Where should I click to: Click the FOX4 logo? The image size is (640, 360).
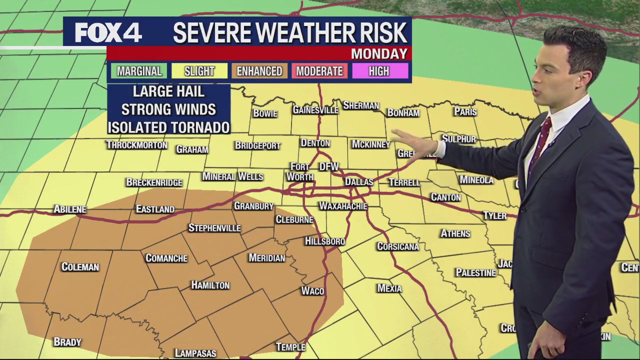coord(108,33)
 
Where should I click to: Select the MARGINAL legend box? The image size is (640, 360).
coord(139,71)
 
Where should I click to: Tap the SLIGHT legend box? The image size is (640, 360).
coord(199,71)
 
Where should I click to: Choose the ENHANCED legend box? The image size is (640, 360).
coord(259,71)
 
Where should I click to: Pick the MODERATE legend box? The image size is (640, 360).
coord(319,71)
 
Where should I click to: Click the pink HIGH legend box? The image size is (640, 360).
coord(379,71)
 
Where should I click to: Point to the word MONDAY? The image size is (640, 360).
coord(379,53)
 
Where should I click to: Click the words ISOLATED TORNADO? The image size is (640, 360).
coord(168,127)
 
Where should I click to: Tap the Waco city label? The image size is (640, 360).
coord(312,291)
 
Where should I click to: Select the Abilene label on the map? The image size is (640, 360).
coord(70,209)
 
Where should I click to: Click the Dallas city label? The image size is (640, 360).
coord(359,182)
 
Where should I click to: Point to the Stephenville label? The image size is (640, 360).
coord(214,228)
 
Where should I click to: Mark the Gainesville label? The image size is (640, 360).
coord(315,110)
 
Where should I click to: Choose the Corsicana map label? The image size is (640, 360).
coord(398,246)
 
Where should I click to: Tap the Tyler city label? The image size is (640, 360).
coord(494,216)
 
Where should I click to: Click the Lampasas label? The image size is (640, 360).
coord(195,353)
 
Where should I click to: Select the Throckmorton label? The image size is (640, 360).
coord(136,145)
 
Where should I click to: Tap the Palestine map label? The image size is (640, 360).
coord(475,272)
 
